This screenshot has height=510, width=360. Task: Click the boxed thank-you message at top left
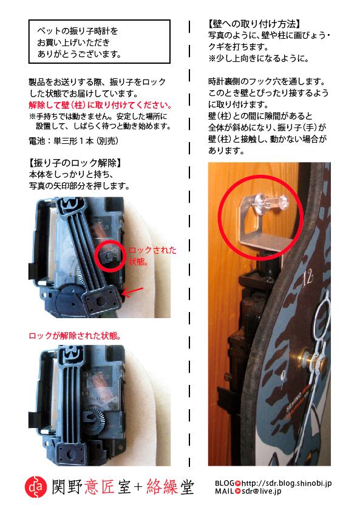[x=98, y=41]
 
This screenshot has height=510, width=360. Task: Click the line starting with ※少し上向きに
[x=259, y=58]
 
